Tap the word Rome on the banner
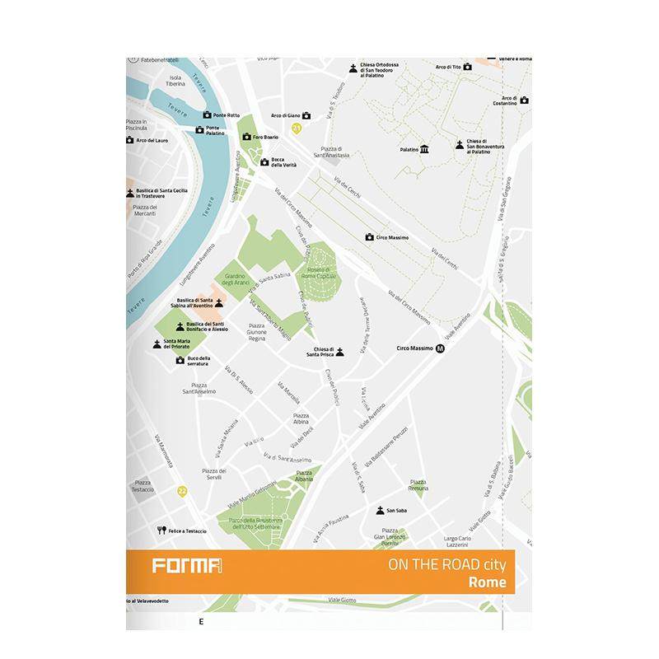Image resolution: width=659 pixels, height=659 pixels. pyautogui.click(x=487, y=582)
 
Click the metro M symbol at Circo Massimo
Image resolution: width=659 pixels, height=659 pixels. pyautogui.click(x=441, y=348)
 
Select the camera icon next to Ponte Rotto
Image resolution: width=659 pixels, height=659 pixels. pyautogui.click(x=207, y=115)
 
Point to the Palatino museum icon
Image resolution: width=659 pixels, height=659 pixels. pyautogui.click(x=424, y=149)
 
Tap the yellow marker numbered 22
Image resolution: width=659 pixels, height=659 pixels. pyautogui.click(x=183, y=491)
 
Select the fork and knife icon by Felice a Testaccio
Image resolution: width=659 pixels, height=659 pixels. pyautogui.click(x=162, y=530)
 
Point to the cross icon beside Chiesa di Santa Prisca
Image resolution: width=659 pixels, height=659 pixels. pyautogui.click(x=339, y=352)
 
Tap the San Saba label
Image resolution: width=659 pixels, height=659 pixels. pyautogui.click(x=396, y=511)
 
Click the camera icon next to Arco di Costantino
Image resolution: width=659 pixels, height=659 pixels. pyautogui.click(x=524, y=100)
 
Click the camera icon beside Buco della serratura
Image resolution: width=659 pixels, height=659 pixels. pyautogui.click(x=180, y=360)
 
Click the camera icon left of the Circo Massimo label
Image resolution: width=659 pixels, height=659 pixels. pyautogui.click(x=370, y=237)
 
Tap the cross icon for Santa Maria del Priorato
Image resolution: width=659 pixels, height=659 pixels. pyautogui.click(x=157, y=344)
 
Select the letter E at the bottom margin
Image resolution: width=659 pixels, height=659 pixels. pyautogui.click(x=200, y=621)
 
